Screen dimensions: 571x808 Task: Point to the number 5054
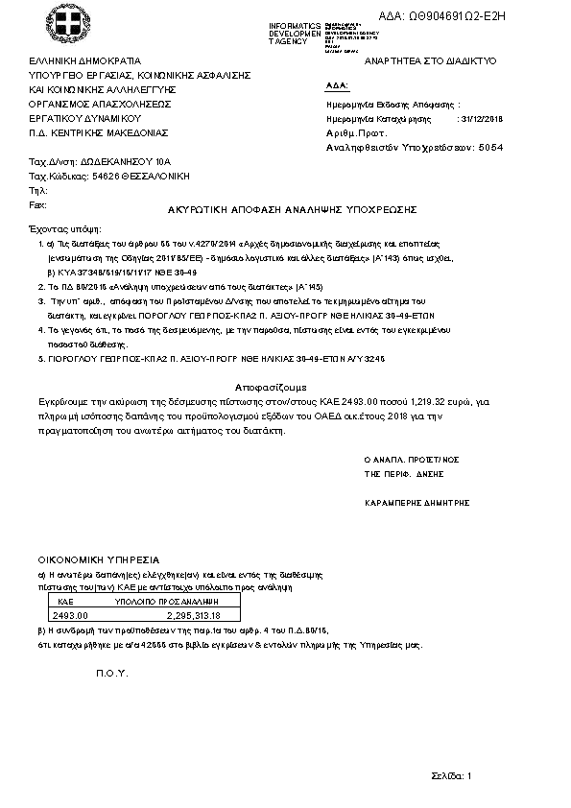490,148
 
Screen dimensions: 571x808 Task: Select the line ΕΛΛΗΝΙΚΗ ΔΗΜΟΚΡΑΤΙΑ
85,60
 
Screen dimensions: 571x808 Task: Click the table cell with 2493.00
71,615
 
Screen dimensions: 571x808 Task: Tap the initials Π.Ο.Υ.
111,673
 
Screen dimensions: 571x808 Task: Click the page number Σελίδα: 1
451,774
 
